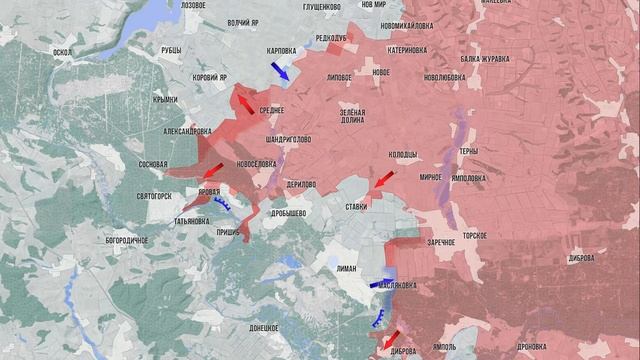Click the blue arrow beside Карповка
[x=281, y=71]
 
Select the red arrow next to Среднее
[x=242, y=100]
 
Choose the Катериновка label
[x=410, y=47]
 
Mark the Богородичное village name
[x=126, y=241]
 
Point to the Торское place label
[x=474, y=234]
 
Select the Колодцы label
[x=403, y=154]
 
